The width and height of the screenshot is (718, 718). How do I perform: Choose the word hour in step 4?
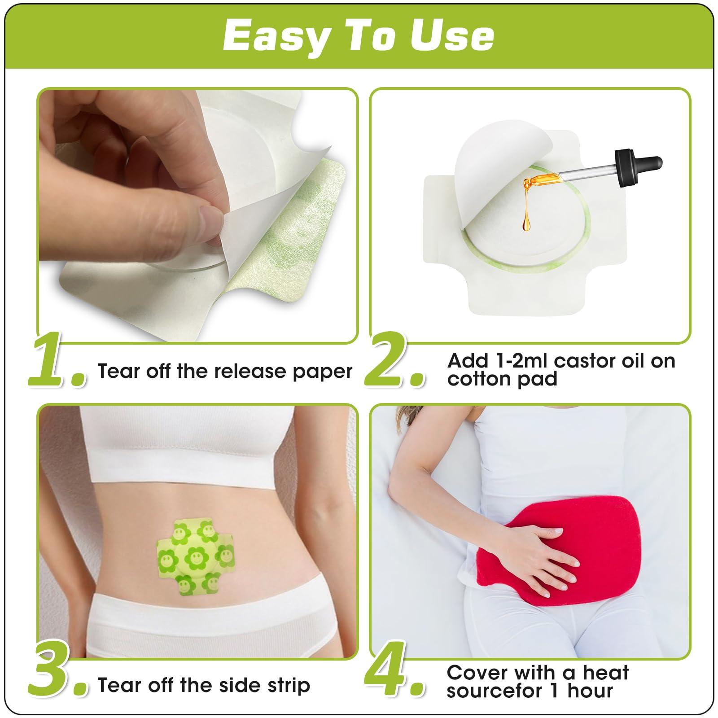click(x=589, y=691)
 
